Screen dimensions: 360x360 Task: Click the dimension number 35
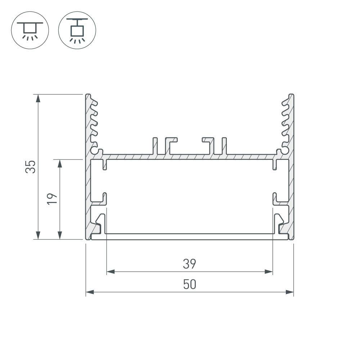[31, 166]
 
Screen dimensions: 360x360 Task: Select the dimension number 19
[53, 199]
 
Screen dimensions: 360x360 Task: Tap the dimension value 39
[189, 264]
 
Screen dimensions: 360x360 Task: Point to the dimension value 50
[189, 284]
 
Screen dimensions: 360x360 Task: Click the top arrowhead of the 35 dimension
[37, 98]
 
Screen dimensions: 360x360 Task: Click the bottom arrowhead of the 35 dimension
[37, 235]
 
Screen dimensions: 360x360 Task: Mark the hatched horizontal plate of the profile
[189, 157]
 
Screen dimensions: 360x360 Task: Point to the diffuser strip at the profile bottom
[189, 237]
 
